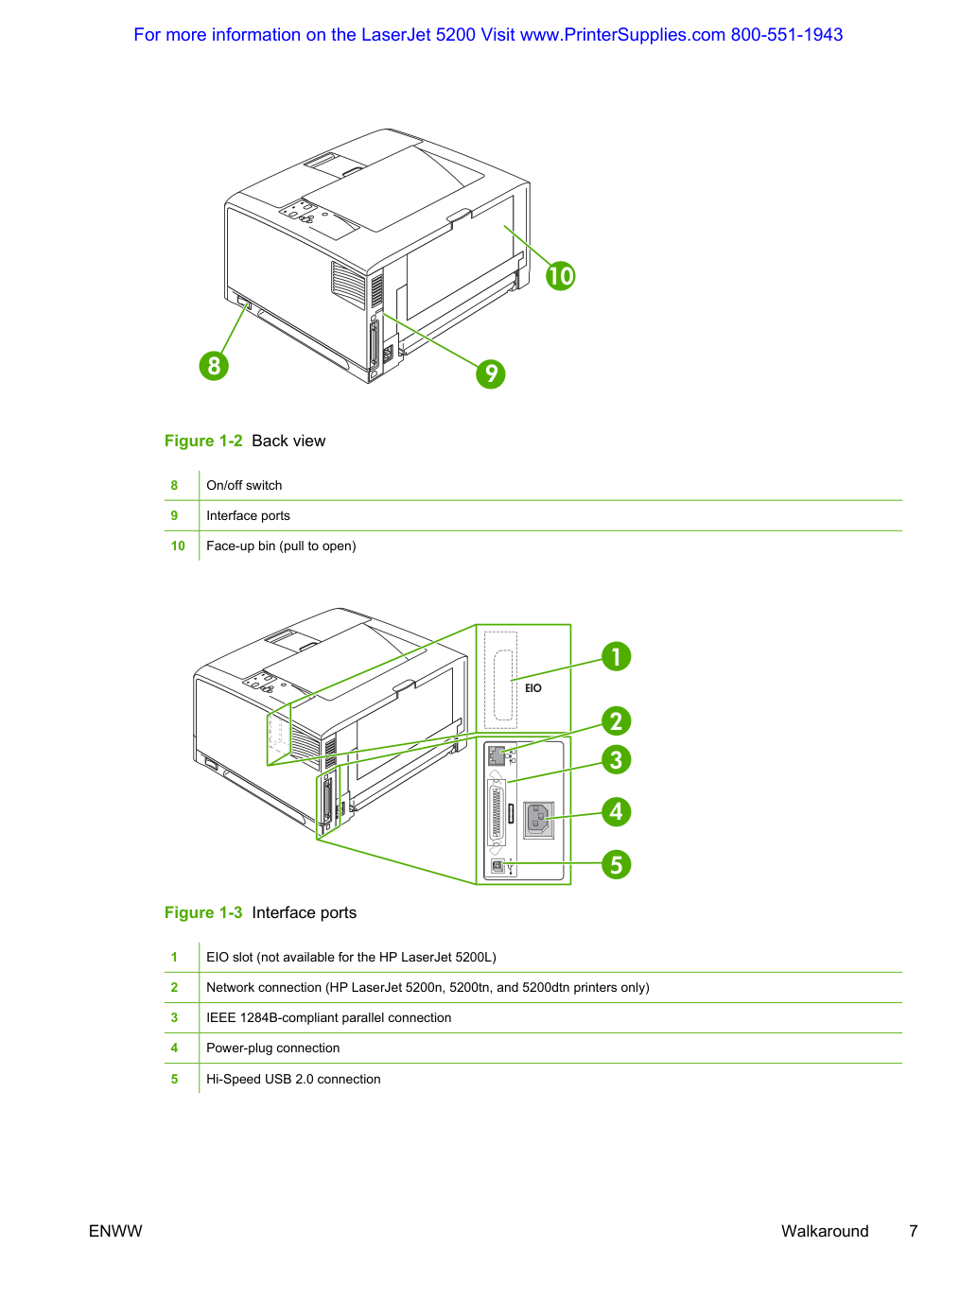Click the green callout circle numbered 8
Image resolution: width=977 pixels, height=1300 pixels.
click(x=214, y=366)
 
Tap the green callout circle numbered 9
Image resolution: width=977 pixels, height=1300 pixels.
click(x=491, y=373)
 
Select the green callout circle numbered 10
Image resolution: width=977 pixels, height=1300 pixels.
click(x=560, y=275)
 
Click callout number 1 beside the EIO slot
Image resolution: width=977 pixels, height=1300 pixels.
click(x=616, y=656)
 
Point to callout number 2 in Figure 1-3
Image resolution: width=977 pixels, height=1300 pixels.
click(x=616, y=720)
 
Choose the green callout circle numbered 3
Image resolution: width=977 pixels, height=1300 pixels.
click(x=616, y=760)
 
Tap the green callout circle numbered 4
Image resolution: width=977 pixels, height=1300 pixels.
click(x=616, y=811)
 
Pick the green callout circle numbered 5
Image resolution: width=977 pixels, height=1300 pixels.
click(x=616, y=864)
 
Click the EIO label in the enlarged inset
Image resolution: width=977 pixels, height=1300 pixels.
click(x=532, y=688)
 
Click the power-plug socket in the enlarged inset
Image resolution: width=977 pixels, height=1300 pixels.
click(x=538, y=820)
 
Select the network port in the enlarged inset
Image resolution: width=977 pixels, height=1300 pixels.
click(x=497, y=755)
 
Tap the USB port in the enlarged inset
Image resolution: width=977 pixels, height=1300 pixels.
click(x=497, y=866)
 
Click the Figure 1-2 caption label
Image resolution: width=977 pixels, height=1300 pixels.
click(x=203, y=441)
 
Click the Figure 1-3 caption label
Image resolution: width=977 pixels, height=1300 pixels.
click(x=203, y=912)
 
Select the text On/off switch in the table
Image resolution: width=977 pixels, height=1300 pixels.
click(x=244, y=485)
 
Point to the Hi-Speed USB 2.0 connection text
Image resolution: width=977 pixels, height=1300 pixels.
click(x=293, y=1079)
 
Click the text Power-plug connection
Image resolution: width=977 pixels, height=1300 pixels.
click(x=273, y=1048)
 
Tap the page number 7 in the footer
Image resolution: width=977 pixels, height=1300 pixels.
click(x=913, y=1231)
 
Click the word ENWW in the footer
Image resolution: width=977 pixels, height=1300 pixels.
click(x=115, y=1231)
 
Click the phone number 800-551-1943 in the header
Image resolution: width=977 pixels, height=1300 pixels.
click(x=786, y=35)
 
